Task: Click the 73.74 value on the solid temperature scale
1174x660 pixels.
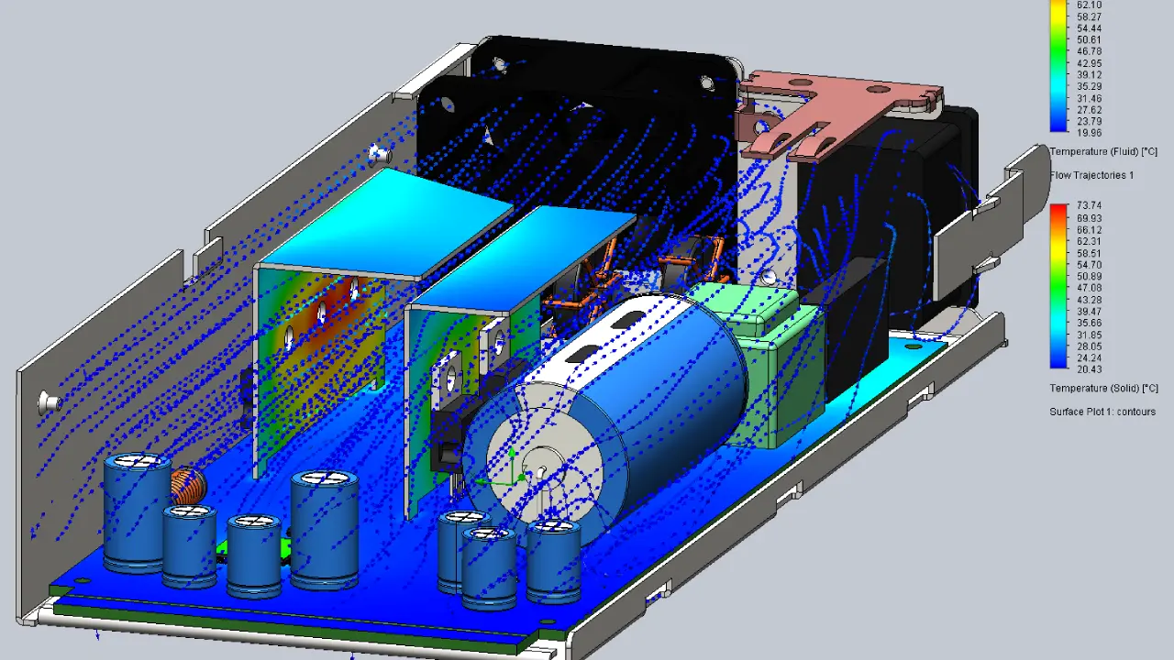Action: (1088, 205)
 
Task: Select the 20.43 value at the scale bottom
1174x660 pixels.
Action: (1088, 369)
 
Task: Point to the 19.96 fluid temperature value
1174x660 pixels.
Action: (1088, 133)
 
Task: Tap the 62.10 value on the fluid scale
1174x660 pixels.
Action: (1088, 5)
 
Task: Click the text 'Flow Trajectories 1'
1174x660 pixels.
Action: (1091, 175)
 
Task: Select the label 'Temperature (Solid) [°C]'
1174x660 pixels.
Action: (1103, 388)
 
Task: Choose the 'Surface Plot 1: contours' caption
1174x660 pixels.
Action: (1102, 412)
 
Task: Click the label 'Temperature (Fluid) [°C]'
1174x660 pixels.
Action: (1102, 152)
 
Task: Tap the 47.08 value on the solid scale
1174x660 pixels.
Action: (1088, 288)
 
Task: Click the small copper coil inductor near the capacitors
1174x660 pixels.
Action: (188, 486)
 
